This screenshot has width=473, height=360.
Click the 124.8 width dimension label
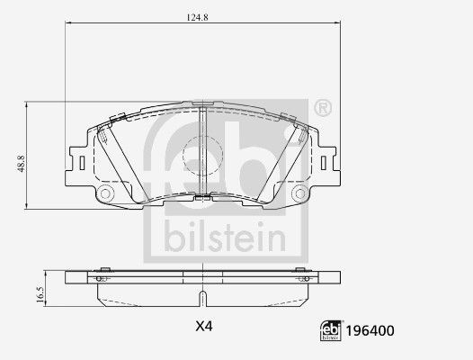click(x=197, y=17)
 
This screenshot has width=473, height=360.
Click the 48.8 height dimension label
click(x=21, y=164)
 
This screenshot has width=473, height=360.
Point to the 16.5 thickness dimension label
click(x=40, y=294)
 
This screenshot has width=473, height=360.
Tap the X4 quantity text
click(x=204, y=326)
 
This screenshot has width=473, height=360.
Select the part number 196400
click(x=370, y=331)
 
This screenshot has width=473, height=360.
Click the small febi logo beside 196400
click(x=331, y=330)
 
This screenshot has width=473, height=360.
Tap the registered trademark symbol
click(x=323, y=108)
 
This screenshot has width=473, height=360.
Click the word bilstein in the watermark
click(x=225, y=237)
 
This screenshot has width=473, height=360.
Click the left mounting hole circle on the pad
click(x=105, y=193)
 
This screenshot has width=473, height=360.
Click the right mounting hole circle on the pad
click(x=300, y=193)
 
